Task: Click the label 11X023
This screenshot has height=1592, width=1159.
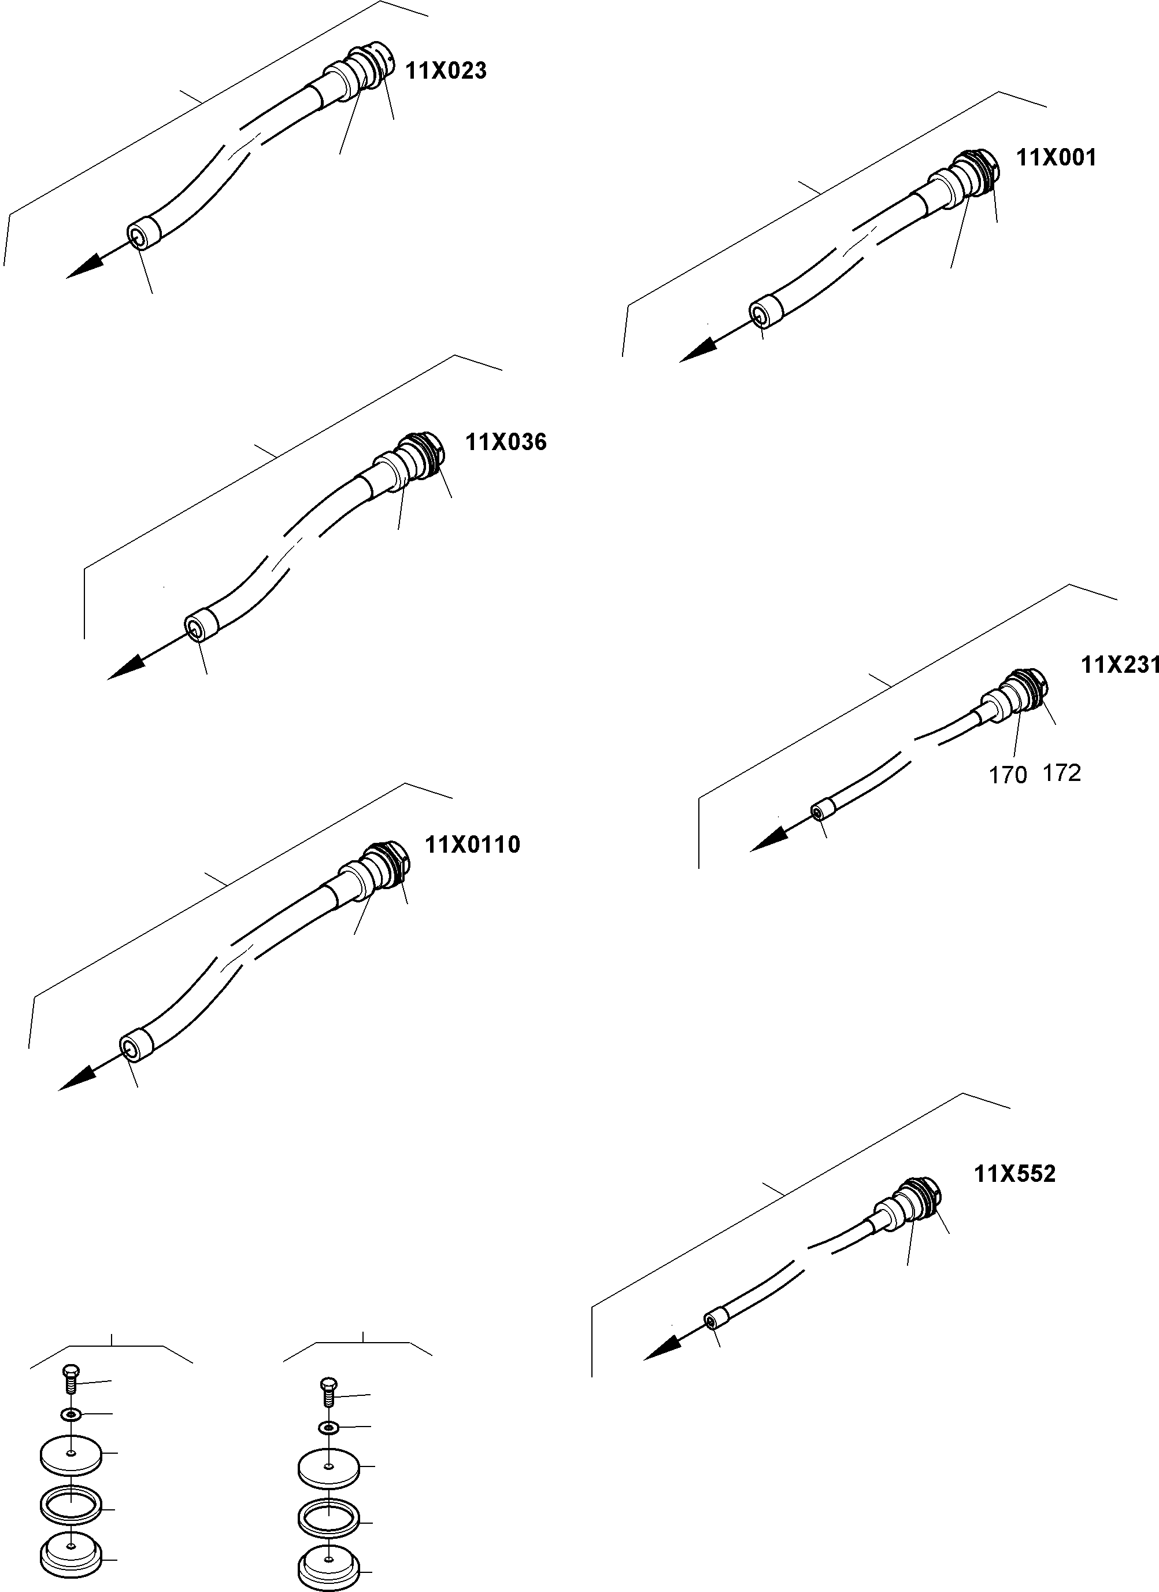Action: [446, 71]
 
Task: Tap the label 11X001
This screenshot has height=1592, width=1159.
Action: [1056, 158]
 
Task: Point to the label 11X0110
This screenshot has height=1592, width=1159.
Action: [473, 845]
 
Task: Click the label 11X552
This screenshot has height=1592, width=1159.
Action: [1014, 1174]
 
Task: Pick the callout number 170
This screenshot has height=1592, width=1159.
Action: [1008, 775]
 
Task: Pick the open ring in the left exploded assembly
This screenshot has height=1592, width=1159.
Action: [70, 1503]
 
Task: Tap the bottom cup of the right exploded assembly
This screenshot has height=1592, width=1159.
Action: [328, 1562]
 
